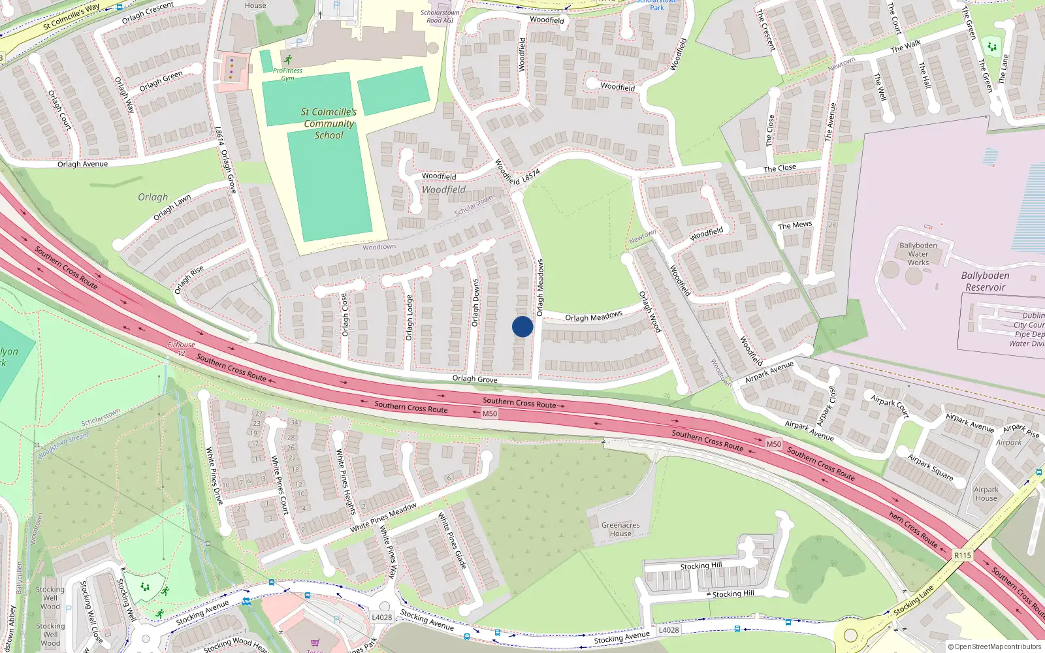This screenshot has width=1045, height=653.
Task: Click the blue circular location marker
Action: [x=522, y=326]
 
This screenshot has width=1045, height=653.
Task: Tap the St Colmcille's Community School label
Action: [x=329, y=123]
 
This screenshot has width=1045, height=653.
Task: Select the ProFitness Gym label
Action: [x=287, y=74]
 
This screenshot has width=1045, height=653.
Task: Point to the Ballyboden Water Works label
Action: [x=918, y=254]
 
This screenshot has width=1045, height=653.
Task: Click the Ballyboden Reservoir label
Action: [x=985, y=281]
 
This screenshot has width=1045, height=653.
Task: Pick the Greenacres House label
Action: [x=620, y=529]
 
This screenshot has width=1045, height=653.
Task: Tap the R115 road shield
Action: [x=962, y=555]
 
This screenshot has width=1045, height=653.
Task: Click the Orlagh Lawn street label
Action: [x=172, y=208]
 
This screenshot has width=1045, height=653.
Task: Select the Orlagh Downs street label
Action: [x=475, y=302]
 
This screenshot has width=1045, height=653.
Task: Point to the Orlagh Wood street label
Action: [x=650, y=311]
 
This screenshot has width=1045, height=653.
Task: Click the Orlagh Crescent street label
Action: [x=148, y=13]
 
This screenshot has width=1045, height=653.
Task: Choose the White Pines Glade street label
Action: [x=452, y=540]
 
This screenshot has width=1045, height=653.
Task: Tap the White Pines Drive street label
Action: [x=214, y=475]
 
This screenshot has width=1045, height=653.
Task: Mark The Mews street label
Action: [x=795, y=225]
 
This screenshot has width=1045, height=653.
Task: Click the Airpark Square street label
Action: [x=930, y=468]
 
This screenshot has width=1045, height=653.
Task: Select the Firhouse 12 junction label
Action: [x=181, y=349]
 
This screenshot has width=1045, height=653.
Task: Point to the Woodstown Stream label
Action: [x=63, y=447]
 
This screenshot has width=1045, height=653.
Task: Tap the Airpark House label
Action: [x=986, y=494]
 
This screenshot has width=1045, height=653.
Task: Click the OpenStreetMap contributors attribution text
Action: [x=995, y=646]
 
